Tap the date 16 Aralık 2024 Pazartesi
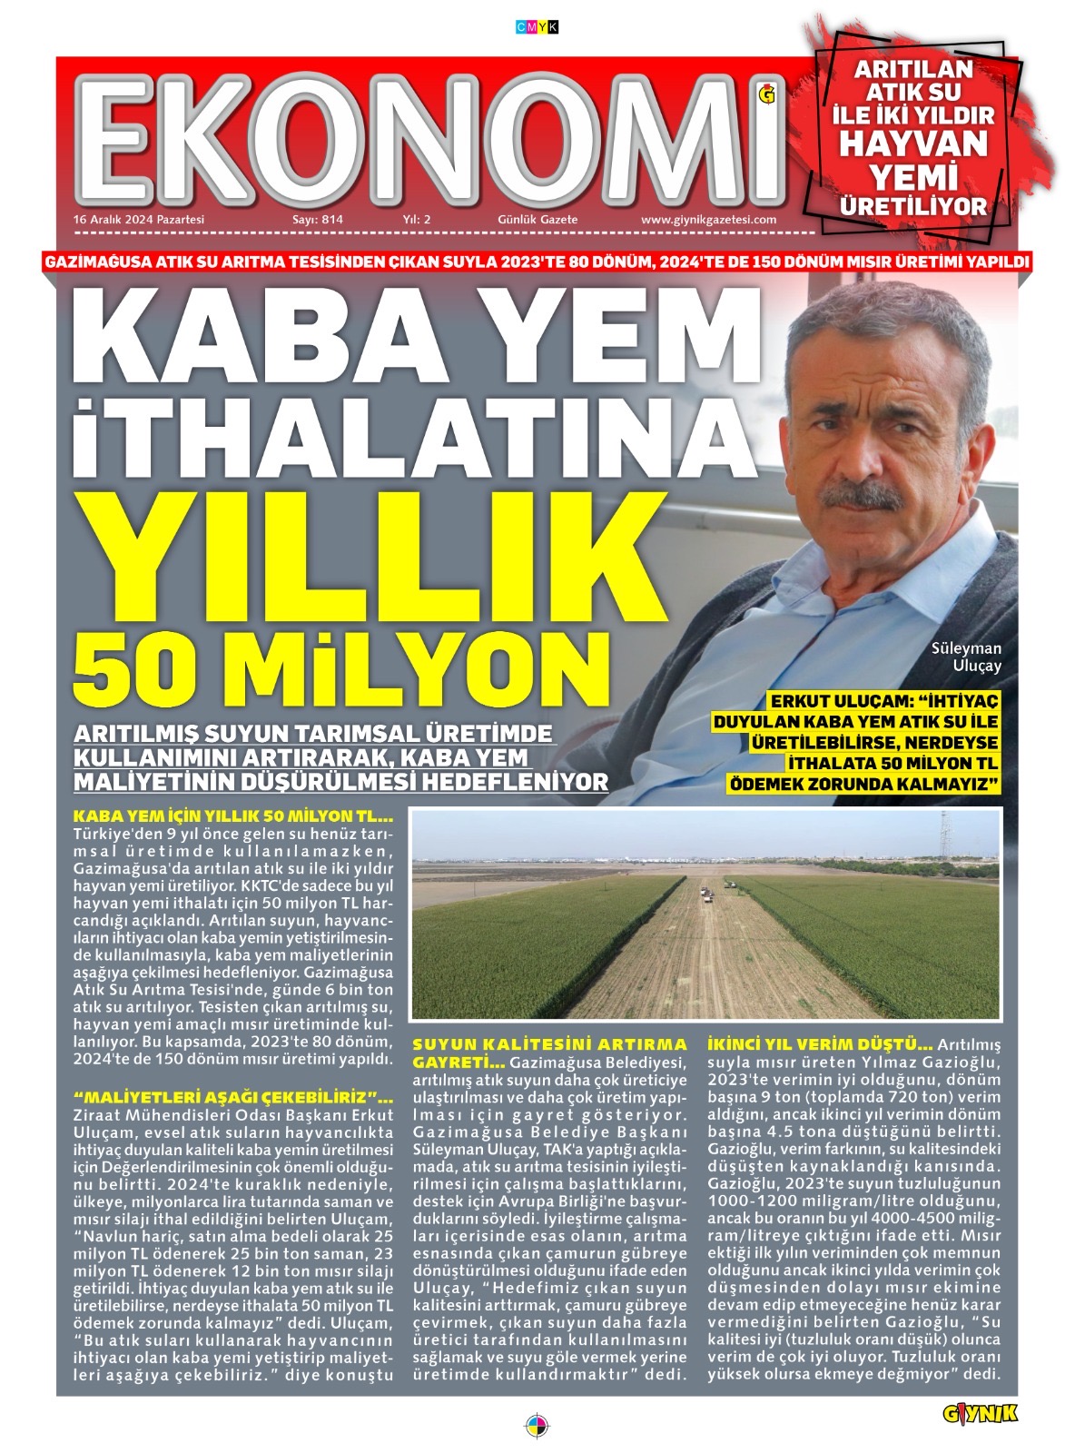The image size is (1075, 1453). tap(139, 220)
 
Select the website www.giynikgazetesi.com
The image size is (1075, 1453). tap(708, 220)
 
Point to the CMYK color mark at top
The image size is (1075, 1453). tap(537, 28)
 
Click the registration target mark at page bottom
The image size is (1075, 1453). tap(537, 1422)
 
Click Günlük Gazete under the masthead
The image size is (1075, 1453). tap(537, 220)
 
